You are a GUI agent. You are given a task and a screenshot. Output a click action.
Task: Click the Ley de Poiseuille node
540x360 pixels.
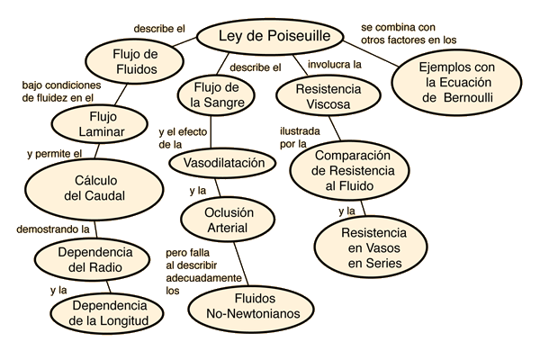pos(270,37)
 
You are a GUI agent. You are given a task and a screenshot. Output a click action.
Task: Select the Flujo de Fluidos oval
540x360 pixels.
pos(134,61)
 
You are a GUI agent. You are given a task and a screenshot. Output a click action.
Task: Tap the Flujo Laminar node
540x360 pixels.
pos(100,124)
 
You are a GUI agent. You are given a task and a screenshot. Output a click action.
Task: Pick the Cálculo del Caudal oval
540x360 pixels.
pos(94,188)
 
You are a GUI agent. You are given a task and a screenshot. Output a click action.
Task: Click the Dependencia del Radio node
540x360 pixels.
pos(93,259)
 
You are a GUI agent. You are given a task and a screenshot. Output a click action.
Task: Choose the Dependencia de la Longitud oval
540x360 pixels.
pos(107,313)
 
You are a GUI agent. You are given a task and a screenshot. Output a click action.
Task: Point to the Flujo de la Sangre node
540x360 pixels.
pos(216,95)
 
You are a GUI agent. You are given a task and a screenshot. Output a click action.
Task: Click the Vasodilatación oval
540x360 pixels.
pos(222,163)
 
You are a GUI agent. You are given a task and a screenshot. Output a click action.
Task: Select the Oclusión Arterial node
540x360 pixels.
pos(228,220)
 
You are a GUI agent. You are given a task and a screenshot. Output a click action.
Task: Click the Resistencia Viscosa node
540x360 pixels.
pos(328,97)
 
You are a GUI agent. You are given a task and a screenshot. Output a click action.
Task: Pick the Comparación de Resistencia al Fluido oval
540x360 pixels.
pos(349,171)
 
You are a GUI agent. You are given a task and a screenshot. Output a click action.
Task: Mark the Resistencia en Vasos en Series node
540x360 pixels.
pos(371,247)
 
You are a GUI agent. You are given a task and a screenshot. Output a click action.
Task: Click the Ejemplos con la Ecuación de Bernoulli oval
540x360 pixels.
pos(456,83)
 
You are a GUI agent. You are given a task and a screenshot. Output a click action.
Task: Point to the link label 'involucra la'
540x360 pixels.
pos(335,65)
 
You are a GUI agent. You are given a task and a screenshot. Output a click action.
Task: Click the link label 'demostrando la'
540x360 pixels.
pos(53,229)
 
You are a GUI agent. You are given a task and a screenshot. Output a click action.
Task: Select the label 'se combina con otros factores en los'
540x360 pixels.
pos(409,34)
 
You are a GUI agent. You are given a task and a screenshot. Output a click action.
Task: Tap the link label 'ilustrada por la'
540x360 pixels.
pos(300,138)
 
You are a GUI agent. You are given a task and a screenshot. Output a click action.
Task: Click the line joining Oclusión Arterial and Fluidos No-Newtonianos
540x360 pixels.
pos(241,264)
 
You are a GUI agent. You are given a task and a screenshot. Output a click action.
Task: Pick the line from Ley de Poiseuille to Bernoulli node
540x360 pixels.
pos(371,53)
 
